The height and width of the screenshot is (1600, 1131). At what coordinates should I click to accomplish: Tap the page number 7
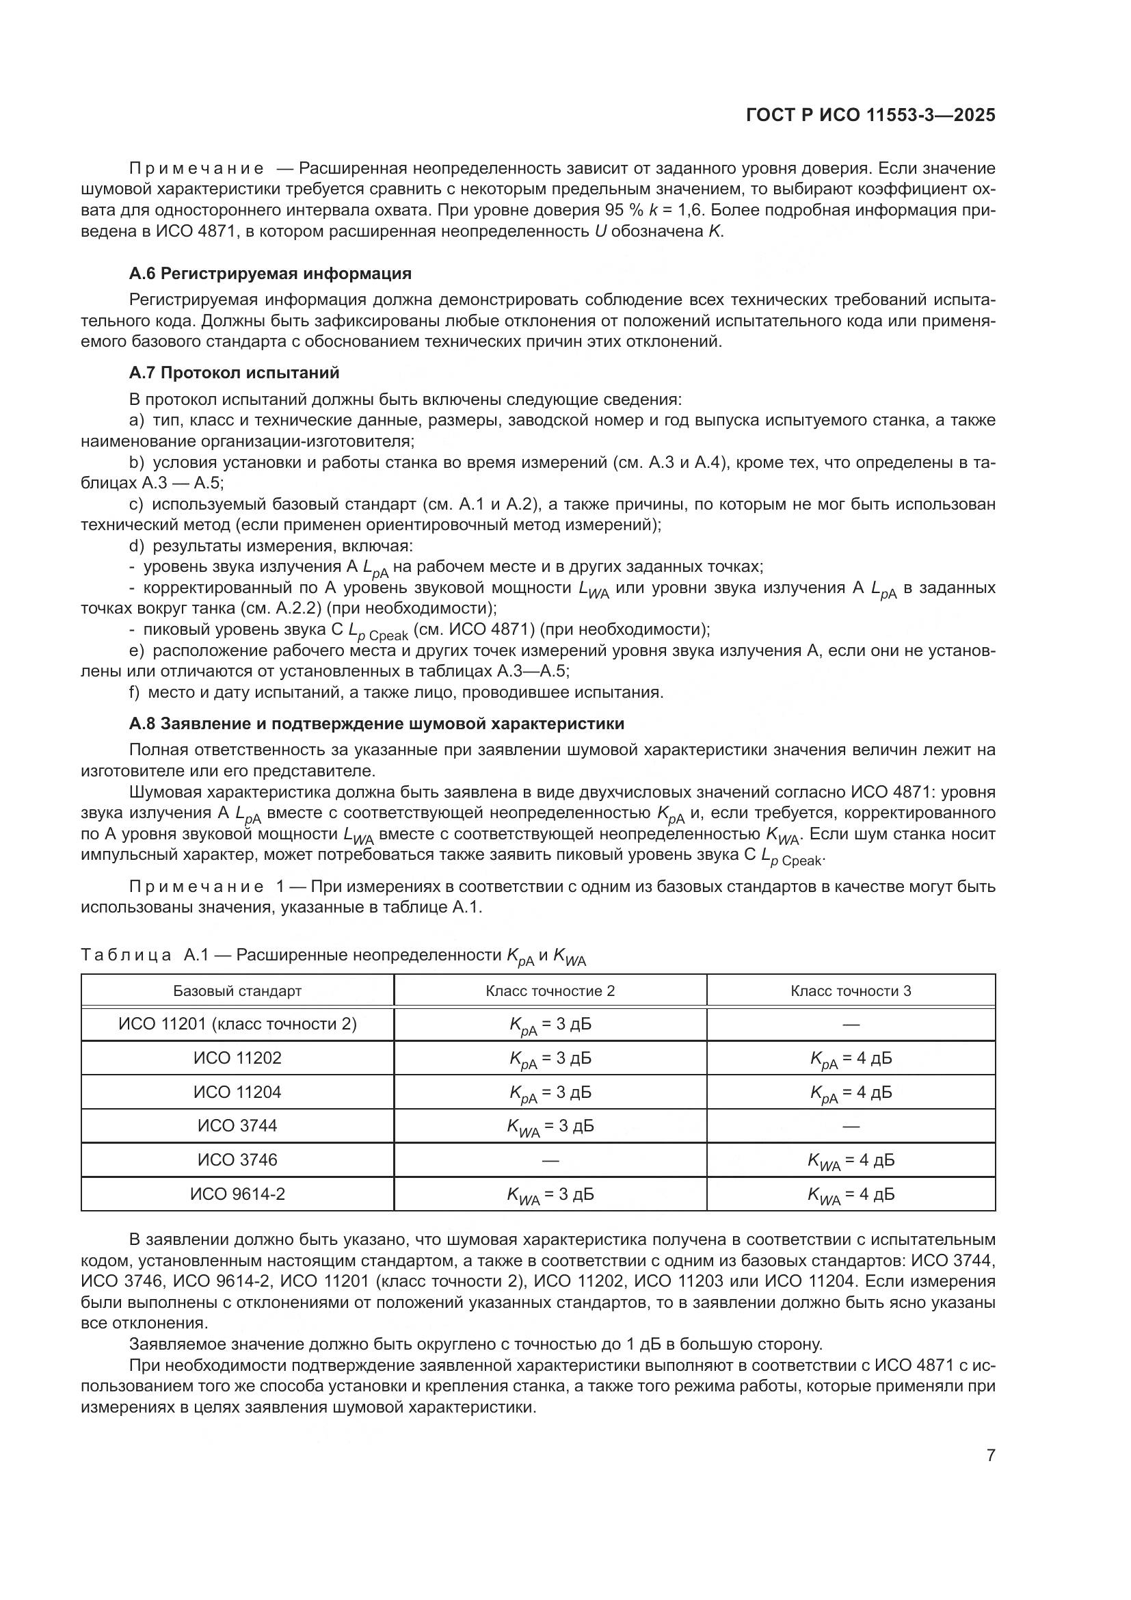click(x=990, y=1455)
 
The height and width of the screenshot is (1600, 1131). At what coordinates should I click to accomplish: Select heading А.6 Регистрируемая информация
click(x=270, y=273)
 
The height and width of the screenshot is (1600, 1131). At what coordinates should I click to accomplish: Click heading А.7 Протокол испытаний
click(x=234, y=373)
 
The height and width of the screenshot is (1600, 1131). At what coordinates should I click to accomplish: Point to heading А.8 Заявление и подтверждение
click(x=376, y=723)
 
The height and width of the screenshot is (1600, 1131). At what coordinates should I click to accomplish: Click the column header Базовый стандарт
click(x=237, y=991)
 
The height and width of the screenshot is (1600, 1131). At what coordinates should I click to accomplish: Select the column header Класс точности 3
click(x=851, y=991)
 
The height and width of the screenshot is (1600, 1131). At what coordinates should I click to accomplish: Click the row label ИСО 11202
click(x=237, y=1058)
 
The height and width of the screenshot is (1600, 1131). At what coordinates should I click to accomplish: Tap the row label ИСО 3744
click(x=237, y=1125)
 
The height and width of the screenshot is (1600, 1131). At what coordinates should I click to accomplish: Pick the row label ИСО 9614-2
click(x=237, y=1194)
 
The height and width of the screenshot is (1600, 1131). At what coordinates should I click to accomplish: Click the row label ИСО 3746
click(x=237, y=1159)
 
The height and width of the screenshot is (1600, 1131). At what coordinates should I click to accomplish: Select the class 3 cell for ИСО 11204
click(x=851, y=1092)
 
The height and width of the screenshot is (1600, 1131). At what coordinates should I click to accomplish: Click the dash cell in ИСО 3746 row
click(x=550, y=1160)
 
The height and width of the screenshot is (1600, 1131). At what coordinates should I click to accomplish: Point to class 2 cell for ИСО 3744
click(x=550, y=1127)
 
